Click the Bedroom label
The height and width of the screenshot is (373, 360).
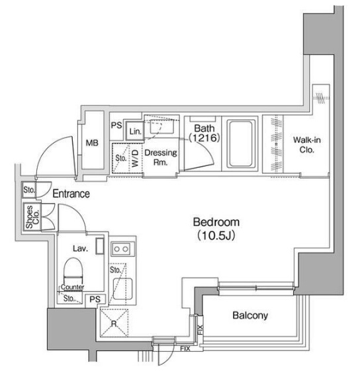point(216,222)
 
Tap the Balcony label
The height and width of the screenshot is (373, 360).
point(250,315)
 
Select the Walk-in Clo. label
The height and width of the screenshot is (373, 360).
point(306,145)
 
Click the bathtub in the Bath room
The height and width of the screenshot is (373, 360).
point(240,144)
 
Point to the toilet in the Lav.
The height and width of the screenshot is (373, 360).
point(73,270)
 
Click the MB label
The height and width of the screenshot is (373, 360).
point(92,143)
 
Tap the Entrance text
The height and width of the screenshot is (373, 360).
point(71,194)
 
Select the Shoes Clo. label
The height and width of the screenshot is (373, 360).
point(32,217)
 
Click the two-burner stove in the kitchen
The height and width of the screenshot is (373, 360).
point(121,249)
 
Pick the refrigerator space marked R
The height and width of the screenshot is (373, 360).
point(114,323)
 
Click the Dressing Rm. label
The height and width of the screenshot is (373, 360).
point(161,157)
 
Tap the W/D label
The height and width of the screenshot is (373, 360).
point(135,158)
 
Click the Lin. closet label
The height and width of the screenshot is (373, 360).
point(136,132)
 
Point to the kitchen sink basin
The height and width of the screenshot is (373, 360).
point(122,289)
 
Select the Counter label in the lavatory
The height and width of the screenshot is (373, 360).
point(73,287)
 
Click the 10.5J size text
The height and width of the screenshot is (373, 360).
point(216,235)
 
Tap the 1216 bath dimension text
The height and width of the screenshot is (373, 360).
point(204,138)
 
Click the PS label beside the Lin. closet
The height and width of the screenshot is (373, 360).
point(116,126)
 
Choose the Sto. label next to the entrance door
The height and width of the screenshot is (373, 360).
point(29,190)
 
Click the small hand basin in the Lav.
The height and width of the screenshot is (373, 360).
point(100,247)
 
